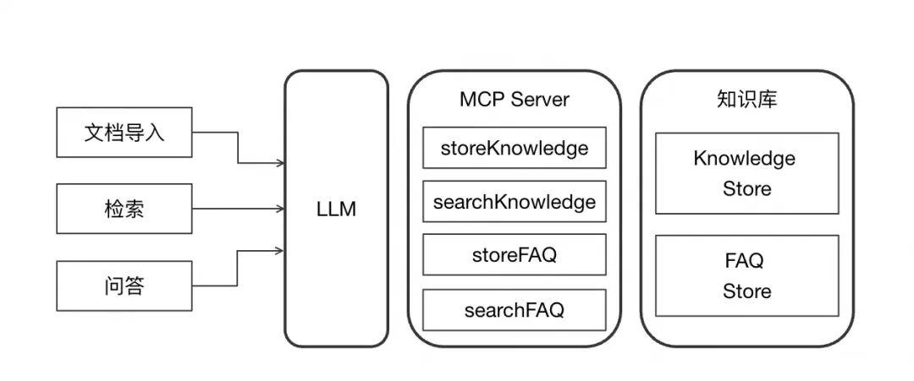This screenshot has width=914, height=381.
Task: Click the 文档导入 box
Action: (x=124, y=132)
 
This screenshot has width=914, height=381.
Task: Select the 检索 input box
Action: (x=124, y=208)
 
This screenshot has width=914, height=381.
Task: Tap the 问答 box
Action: (x=124, y=286)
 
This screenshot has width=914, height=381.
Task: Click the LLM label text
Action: (x=335, y=209)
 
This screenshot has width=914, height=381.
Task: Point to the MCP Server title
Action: (x=514, y=99)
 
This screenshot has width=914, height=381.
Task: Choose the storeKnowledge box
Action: (x=514, y=148)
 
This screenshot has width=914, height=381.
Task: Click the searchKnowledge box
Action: (x=514, y=202)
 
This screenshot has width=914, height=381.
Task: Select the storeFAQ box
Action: (x=514, y=255)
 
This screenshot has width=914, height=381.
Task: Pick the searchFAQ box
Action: (x=514, y=310)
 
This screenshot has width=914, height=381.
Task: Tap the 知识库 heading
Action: (x=746, y=99)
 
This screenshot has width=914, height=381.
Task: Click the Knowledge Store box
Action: (x=746, y=173)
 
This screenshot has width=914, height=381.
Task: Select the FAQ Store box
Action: (x=746, y=275)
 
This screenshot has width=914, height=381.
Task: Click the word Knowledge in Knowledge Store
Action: (x=744, y=159)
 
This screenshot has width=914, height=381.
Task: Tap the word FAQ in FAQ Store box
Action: (x=744, y=261)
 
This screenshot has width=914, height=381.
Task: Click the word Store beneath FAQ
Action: (x=746, y=291)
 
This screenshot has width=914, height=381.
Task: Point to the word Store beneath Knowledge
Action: (x=746, y=188)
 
